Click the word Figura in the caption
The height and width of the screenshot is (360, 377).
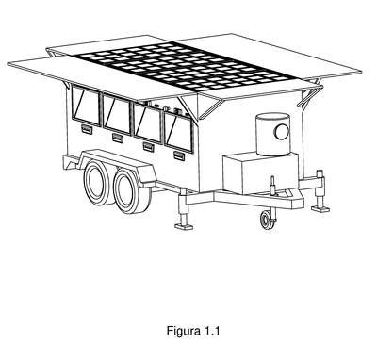pyautogui.click(x=184, y=331)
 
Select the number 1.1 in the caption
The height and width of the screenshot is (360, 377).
pyautogui.click(x=212, y=331)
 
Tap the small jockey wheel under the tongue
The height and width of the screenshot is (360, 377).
pyautogui.click(x=267, y=220)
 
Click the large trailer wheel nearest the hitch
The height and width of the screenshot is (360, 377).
pyautogui.click(x=131, y=190)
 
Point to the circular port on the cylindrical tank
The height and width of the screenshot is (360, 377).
pyautogui.click(x=282, y=132)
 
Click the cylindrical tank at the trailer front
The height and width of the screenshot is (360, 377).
pyautogui.click(x=272, y=134)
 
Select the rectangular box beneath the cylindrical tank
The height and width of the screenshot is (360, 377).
pyautogui.click(x=261, y=173)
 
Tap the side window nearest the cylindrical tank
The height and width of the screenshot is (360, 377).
pyautogui.click(x=178, y=131)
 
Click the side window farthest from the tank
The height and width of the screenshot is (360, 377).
pyautogui.click(x=86, y=106)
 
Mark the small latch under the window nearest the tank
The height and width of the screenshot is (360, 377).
pyautogui.click(x=179, y=155)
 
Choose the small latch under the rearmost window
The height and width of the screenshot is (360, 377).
pyautogui.click(x=87, y=129)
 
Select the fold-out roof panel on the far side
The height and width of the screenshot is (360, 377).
pyautogui.click(x=270, y=54)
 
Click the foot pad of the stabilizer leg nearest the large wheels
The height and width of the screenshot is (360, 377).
pyautogui.click(x=184, y=226)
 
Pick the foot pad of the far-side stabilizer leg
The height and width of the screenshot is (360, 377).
pyautogui.click(x=320, y=208)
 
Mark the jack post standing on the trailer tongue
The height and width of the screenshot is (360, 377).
pyautogui.click(x=272, y=186)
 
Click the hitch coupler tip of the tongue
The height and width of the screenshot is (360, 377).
pyautogui.click(x=299, y=200)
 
